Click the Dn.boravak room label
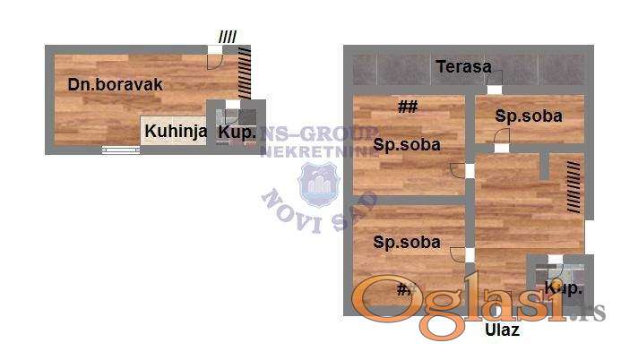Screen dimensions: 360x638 pyautogui.click(x=103, y=85)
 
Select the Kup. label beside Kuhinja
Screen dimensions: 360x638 pyautogui.click(x=237, y=133)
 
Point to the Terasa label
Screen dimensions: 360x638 pyautogui.click(x=463, y=66)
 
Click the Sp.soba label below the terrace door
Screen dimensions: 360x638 pyautogui.click(x=529, y=116)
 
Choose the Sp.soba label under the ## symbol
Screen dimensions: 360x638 pyautogui.click(x=407, y=145)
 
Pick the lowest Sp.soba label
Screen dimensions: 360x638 pyautogui.click(x=407, y=242)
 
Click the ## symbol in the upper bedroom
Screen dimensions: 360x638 pyautogui.click(x=408, y=107)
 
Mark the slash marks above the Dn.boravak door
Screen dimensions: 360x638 pyautogui.click(x=228, y=37)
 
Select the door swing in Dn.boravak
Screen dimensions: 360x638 pyautogui.click(x=215, y=61)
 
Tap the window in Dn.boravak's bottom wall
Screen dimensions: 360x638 pyautogui.click(x=121, y=150)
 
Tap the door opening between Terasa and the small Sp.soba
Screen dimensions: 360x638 pyautogui.click(x=494, y=90)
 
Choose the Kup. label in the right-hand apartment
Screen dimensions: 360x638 pyautogui.click(x=564, y=287)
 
